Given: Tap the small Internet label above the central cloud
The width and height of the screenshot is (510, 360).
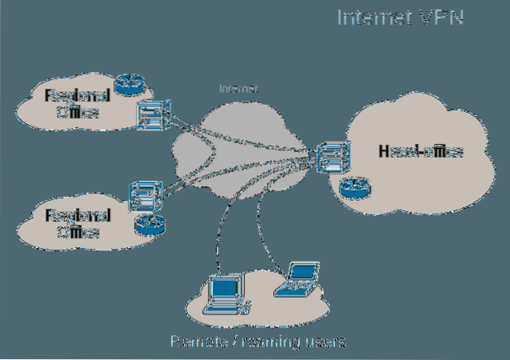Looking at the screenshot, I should [x=239, y=89].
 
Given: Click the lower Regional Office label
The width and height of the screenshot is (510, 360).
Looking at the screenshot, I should [x=78, y=223].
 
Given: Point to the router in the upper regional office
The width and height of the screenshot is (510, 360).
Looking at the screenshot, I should [x=126, y=83].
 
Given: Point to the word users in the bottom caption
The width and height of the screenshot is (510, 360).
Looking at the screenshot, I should [x=327, y=342].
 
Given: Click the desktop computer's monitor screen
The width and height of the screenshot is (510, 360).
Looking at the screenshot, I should [x=226, y=286].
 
